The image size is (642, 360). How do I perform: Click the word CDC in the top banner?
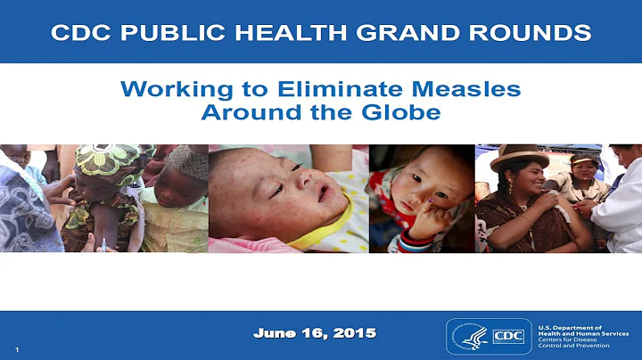(x=80, y=33)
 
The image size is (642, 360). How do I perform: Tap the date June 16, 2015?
(x=314, y=333)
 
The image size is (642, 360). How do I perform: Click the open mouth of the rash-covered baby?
(x=322, y=194)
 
